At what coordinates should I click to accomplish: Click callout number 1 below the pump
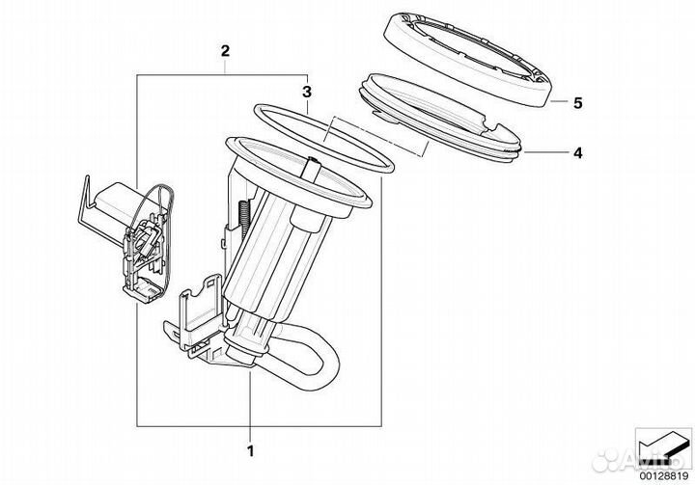pyautogui.click(x=251, y=451)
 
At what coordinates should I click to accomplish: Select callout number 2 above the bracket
pyautogui.click(x=225, y=51)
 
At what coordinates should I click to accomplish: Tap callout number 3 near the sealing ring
pyautogui.click(x=307, y=92)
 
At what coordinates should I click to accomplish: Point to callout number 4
pyautogui.click(x=577, y=152)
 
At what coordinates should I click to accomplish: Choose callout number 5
pyautogui.click(x=577, y=103)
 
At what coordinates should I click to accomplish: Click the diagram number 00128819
pyautogui.click(x=663, y=476)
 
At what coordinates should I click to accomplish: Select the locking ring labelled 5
pyautogui.click(x=467, y=60)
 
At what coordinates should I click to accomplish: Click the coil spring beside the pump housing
pyautogui.click(x=244, y=217)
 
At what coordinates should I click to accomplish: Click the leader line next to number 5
pyautogui.click(x=559, y=101)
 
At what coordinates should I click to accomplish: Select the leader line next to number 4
pyautogui.click(x=546, y=152)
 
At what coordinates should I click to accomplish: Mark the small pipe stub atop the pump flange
pyautogui.click(x=313, y=169)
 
